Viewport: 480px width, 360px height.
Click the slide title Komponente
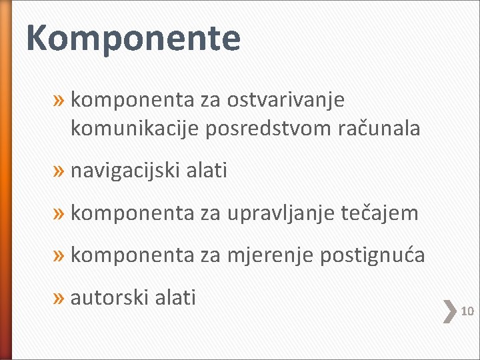pyautogui.click(x=133, y=38)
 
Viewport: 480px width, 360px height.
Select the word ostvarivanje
pyautogui.click(x=285, y=101)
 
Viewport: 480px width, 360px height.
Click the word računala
pyautogui.click(x=380, y=129)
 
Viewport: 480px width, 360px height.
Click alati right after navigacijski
pyautogui.click(x=207, y=171)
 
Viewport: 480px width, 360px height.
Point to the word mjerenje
pyautogui.click(x=270, y=255)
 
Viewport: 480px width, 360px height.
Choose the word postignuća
pyautogui.click(x=372, y=255)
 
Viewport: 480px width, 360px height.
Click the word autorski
pyautogui.click(x=107, y=297)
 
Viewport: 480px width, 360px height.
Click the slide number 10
pyautogui.click(x=467, y=311)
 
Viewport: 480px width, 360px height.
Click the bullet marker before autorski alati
pyautogui.click(x=59, y=298)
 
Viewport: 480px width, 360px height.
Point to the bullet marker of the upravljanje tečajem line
pyautogui.click(x=59, y=214)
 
